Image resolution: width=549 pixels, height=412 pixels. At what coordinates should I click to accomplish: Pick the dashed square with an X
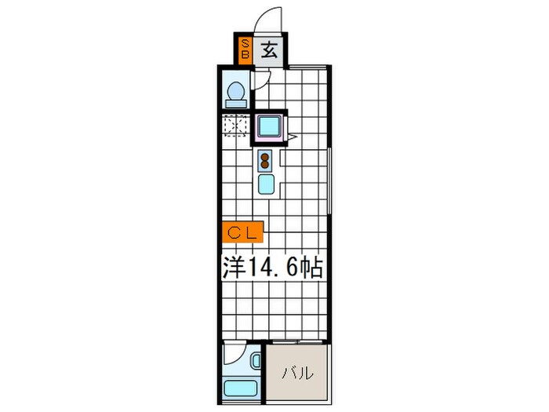[235, 126]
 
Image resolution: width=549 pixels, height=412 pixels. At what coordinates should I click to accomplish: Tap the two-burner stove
[265, 162]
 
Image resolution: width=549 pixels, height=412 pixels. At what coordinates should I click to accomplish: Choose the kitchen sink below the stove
[265, 185]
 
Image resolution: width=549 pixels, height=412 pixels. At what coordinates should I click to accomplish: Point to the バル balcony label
[298, 373]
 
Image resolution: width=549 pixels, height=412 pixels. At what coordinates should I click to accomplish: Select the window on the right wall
[330, 180]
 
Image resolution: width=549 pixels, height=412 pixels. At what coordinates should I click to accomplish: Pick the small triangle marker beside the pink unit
[291, 137]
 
